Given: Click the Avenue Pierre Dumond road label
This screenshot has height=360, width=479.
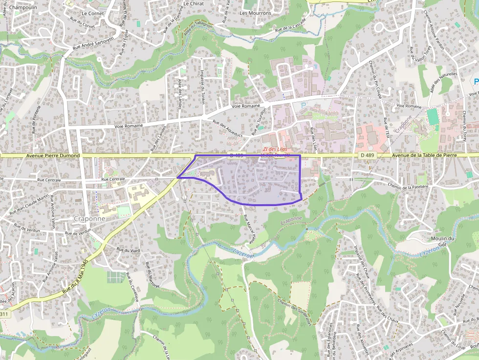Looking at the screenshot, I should (x=52, y=156).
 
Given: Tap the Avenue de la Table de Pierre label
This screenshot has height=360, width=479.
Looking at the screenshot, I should (x=424, y=155).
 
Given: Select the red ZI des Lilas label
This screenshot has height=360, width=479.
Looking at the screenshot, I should (x=275, y=149).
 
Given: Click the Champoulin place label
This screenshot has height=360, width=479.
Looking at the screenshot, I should (x=23, y=7).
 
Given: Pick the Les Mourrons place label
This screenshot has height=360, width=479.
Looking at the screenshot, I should (x=255, y=13).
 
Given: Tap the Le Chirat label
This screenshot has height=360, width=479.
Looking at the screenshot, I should (x=193, y=3).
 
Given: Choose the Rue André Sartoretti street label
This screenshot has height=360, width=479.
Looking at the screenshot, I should (x=93, y=42).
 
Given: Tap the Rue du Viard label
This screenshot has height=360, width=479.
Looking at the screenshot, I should (x=128, y=250).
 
